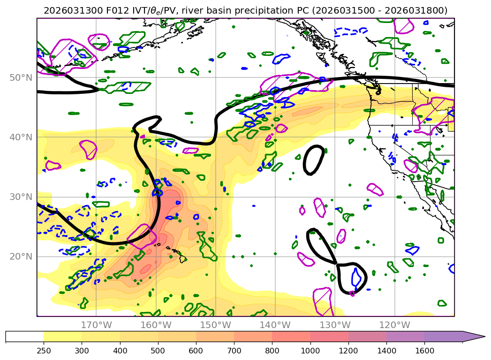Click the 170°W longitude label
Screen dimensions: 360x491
(96, 325)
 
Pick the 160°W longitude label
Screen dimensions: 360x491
(156, 325)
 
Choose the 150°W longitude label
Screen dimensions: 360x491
(215, 325)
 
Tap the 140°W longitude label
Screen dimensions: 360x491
(275, 325)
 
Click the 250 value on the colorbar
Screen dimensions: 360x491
(44, 351)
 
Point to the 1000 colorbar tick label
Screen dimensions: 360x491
(310, 351)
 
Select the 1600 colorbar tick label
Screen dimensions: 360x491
(424, 351)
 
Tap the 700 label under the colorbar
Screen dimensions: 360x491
(234, 351)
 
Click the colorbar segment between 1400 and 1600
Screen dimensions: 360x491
(405, 337)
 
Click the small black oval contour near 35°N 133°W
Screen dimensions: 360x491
(314, 160)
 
